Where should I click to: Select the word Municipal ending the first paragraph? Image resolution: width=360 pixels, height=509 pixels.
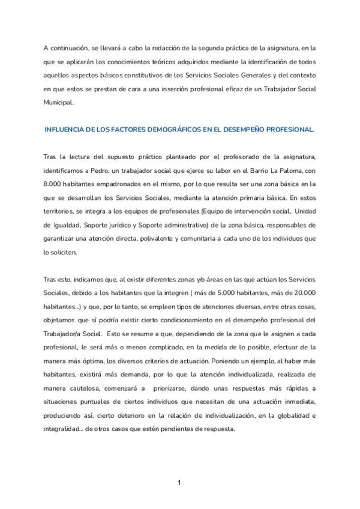(x=59, y=102)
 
